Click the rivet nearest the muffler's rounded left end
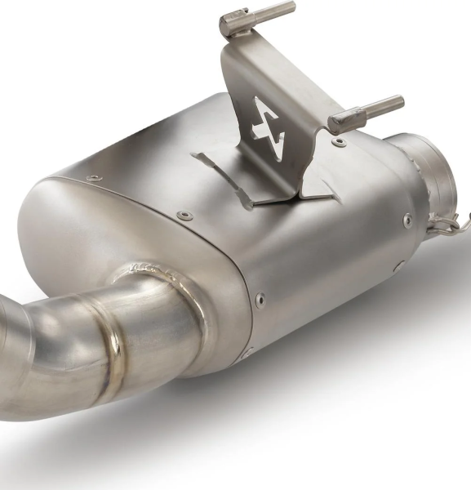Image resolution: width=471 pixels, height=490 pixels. (x=95, y=176)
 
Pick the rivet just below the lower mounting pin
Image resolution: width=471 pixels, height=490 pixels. (x=340, y=144)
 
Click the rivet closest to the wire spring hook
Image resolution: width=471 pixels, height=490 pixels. (x=407, y=219)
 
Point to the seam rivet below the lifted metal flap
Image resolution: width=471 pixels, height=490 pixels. (x=185, y=215)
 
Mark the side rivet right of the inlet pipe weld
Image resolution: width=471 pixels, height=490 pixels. (x=260, y=299)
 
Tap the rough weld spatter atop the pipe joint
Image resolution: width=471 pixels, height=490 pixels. (x=147, y=267)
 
